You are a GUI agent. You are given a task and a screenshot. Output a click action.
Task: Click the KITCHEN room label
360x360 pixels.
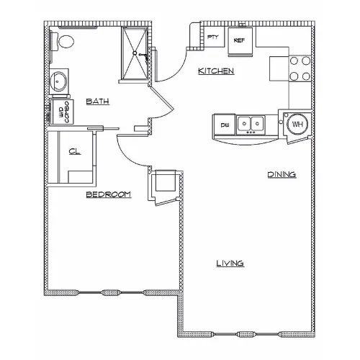[x=216, y=71]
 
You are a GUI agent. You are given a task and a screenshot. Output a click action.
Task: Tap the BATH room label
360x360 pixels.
[x=98, y=101]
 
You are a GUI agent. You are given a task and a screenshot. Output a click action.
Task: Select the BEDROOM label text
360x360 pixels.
[x=109, y=194]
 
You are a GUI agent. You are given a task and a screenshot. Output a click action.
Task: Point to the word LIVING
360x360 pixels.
[x=230, y=264]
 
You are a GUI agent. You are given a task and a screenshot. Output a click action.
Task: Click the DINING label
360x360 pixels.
[x=282, y=174]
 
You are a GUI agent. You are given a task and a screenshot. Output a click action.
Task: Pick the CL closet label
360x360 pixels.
[x=75, y=151]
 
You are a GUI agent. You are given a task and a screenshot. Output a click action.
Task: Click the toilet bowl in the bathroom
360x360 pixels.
[x=66, y=42]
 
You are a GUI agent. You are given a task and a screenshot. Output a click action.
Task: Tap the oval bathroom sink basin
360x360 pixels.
[x=58, y=81]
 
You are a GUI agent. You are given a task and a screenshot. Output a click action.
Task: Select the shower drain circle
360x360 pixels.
[x=135, y=53]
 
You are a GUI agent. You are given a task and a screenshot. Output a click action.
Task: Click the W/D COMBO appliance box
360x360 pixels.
[x=61, y=112]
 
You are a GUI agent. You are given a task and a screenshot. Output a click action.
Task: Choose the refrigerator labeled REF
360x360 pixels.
[x=240, y=41]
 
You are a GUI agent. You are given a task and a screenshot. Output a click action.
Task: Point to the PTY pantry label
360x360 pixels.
[x=213, y=37]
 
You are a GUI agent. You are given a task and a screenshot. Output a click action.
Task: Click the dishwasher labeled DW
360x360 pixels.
[x=225, y=125]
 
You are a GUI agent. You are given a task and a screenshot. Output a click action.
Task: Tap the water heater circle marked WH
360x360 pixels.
[x=297, y=124]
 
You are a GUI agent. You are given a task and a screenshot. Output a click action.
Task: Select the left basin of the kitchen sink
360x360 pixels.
[x=244, y=124]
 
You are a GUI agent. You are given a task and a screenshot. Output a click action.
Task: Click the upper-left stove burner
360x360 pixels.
[x=294, y=61]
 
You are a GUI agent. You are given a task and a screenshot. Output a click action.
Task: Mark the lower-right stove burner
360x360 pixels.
[x=306, y=76]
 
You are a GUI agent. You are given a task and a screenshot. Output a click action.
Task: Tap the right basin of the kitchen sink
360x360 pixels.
[x=258, y=124]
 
